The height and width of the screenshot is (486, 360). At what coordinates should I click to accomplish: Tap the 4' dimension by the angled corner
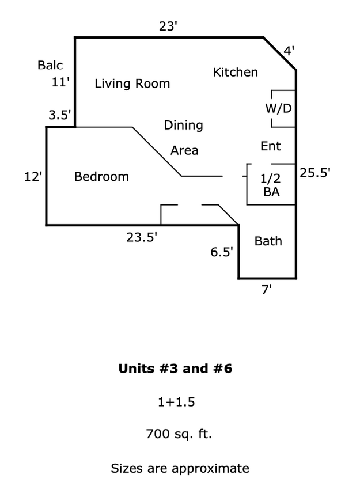(x=289, y=50)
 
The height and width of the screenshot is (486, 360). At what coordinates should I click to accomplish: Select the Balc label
(x=50, y=65)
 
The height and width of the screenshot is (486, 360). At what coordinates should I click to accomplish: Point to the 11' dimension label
(x=60, y=82)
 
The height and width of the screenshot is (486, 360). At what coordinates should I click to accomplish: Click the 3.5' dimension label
(x=59, y=115)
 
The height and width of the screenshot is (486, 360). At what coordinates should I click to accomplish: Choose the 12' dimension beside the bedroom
(x=33, y=177)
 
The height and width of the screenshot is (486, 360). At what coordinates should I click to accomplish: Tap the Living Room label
(x=132, y=84)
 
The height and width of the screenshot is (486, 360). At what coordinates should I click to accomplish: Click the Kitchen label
(x=236, y=73)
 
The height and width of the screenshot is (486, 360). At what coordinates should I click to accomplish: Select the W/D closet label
(x=278, y=108)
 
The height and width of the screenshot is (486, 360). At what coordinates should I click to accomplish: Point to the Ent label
(x=270, y=146)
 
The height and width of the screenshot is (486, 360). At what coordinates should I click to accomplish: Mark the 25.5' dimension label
(x=315, y=173)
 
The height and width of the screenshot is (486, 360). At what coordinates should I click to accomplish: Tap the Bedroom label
(x=101, y=177)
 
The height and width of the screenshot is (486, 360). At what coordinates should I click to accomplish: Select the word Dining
(x=183, y=126)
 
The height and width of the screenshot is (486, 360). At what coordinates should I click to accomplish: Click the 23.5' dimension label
(x=142, y=237)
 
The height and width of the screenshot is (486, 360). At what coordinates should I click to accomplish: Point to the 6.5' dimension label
(x=222, y=252)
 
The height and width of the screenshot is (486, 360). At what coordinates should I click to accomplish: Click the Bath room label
(x=268, y=241)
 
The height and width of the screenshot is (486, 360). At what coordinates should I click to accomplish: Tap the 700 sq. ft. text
(x=179, y=434)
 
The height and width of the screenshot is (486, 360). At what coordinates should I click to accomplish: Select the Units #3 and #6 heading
(x=175, y=369)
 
